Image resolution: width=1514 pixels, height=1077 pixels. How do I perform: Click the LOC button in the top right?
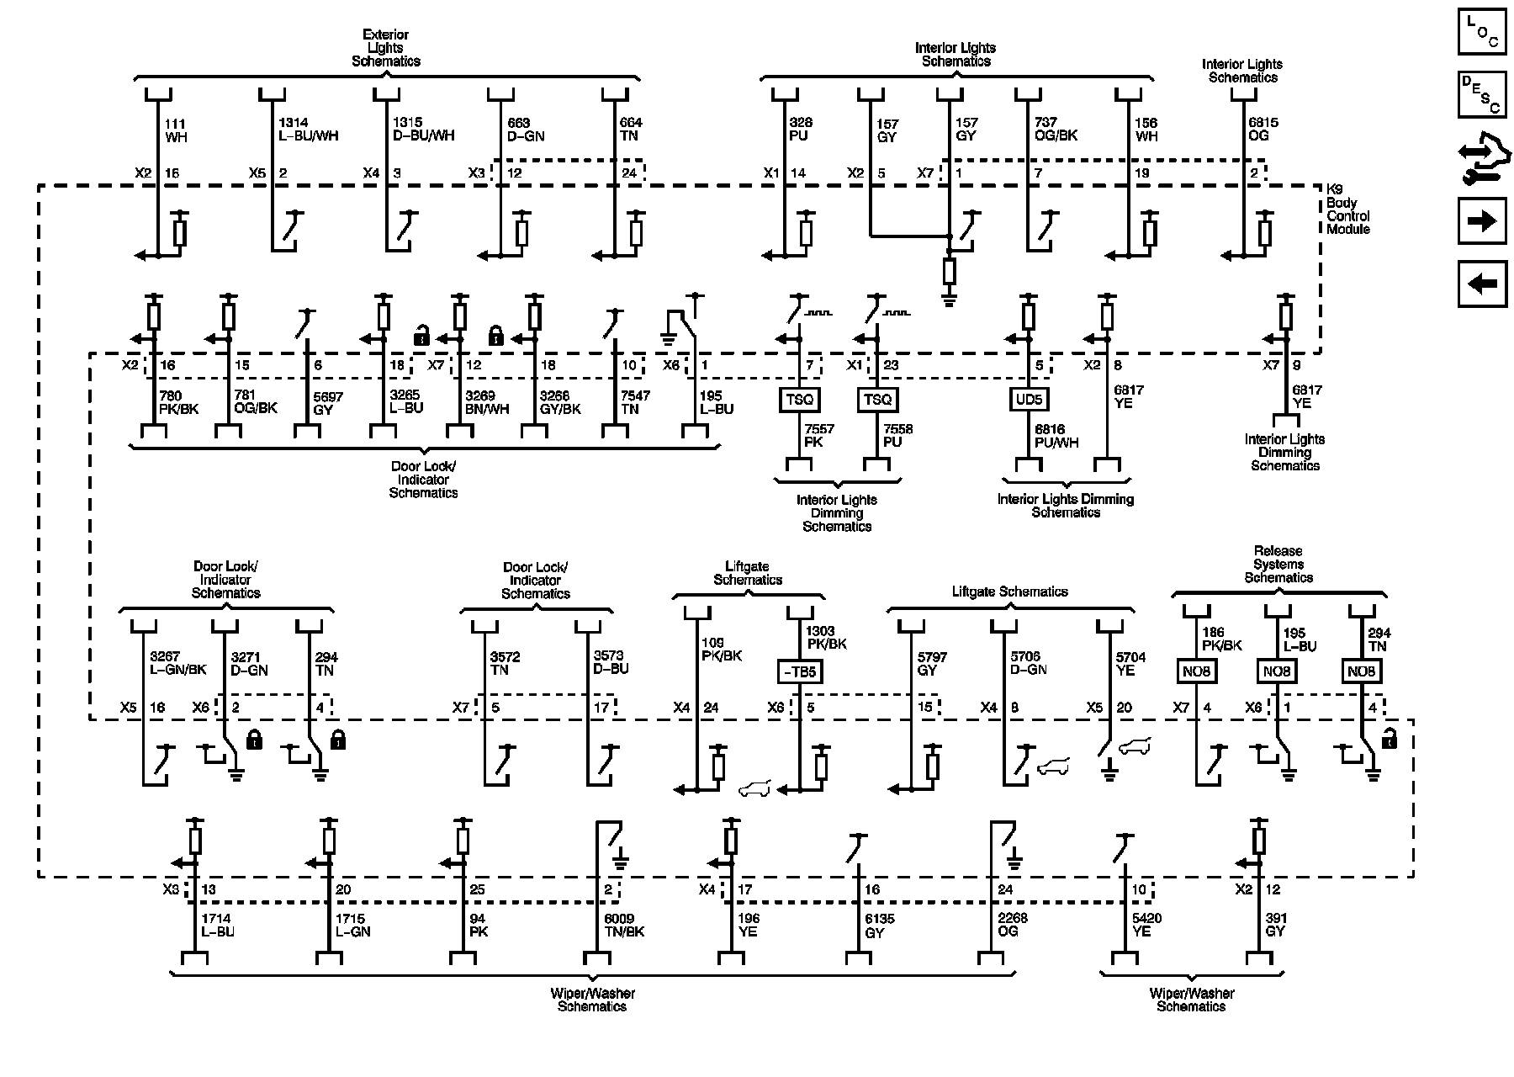pos(1481,31)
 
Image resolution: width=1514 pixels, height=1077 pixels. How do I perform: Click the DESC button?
pos(1481,94)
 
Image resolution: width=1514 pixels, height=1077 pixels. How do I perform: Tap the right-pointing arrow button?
pos(1481,221)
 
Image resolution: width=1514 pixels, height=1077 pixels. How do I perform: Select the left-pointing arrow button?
pos(1481,284)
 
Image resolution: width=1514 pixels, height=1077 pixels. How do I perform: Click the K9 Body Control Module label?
pos(1347,210)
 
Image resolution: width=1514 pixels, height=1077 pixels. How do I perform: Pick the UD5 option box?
pos(1029,400)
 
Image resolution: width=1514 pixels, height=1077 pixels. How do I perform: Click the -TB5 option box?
pos(798,671)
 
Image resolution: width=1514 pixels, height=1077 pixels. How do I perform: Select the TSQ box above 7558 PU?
pos(877,400)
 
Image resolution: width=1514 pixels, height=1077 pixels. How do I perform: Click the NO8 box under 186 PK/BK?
pos(1195,671)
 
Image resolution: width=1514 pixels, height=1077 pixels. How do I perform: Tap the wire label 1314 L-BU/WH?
pos(308,129)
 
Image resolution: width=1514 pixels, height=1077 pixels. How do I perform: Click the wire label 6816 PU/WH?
pos(1056,436)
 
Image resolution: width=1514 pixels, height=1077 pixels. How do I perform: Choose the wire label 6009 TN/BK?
pos(624,926)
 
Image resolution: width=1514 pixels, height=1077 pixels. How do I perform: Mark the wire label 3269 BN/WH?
pos(487,402)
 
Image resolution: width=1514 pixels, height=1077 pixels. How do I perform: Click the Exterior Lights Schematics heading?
pos(386,48)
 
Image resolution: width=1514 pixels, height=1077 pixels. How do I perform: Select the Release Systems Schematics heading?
pos(1278,565)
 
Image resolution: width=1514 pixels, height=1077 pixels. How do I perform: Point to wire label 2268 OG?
pos(1012,925)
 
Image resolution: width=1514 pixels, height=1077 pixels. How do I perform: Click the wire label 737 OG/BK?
pos(1056,129)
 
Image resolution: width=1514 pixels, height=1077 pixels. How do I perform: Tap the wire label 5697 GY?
pos(324,403)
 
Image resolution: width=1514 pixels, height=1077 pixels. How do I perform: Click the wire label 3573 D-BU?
pos(611,662)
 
